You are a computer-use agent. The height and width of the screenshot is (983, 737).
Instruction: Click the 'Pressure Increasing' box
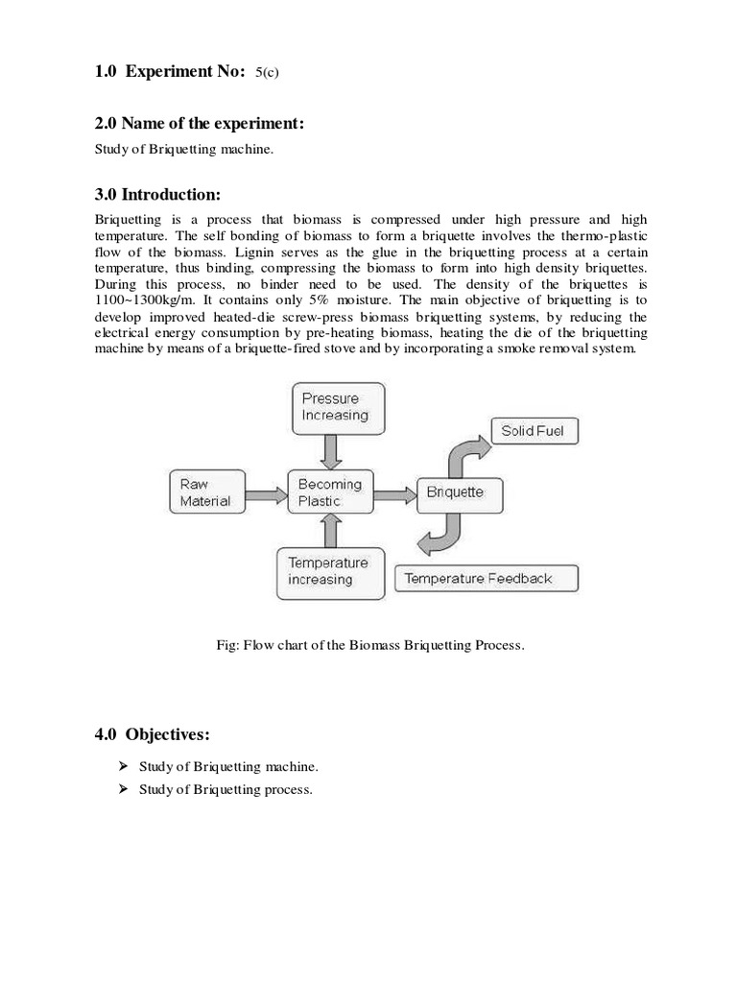[337, 407]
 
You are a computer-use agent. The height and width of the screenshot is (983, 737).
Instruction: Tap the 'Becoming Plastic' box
[329, 492]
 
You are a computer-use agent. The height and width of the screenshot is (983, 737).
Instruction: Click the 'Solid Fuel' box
[533, 431]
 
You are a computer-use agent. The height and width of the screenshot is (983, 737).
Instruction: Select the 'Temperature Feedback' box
[487, 579]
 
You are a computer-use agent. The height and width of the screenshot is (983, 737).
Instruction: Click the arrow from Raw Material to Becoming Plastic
[268, 494]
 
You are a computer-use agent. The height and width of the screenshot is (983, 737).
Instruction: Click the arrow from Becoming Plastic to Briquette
[392, 494]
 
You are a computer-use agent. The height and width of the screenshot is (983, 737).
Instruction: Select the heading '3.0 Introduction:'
[157, 195]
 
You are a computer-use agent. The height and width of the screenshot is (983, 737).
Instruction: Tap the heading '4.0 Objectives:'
[152, 735]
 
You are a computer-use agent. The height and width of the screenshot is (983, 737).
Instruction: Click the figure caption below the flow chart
[370, 645]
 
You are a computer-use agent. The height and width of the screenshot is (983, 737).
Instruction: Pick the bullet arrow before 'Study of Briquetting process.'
[123, 790]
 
